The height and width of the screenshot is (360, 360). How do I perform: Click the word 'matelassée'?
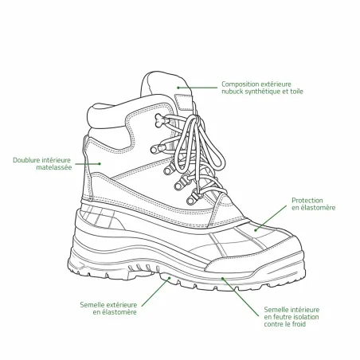pos(54,167)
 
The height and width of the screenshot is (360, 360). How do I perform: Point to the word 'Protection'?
pos(307,201)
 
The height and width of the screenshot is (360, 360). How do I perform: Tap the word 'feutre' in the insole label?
pos(282,317)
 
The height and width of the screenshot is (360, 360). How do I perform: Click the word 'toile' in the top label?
pos(296,92)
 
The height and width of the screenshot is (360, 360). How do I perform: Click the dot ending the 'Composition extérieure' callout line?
pos(178,88)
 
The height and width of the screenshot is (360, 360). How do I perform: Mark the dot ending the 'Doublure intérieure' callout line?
pos(100,163)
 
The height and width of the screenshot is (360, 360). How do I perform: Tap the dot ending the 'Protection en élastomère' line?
pos(256,230)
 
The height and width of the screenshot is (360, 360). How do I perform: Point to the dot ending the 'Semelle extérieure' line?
pos(169,278)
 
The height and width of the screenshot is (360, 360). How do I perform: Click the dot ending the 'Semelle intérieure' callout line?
pos(222,278)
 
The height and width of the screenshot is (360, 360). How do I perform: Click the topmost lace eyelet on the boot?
pos(161,119)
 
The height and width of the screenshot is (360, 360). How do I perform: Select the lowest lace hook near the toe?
pos(193,198)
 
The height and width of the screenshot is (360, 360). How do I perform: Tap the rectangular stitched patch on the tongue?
pos(183,102)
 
